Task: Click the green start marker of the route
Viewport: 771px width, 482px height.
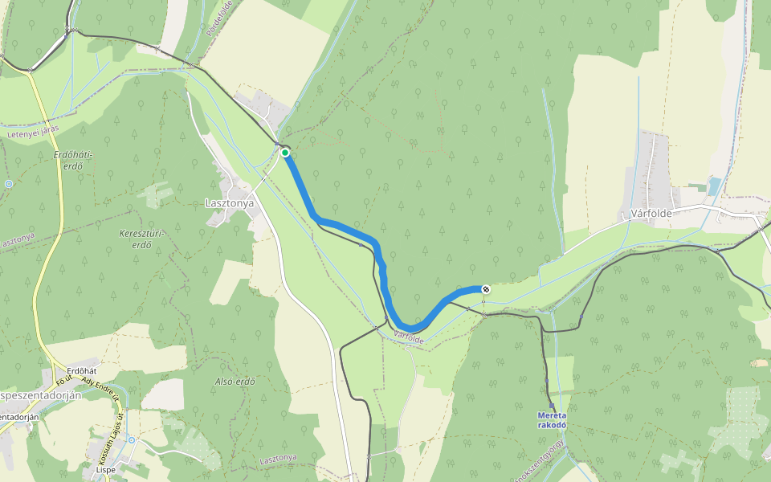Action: [x=284, y=153]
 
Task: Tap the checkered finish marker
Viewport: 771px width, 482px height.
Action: [x=485, y=288]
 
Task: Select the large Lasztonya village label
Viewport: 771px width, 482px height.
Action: [x=224, y=203]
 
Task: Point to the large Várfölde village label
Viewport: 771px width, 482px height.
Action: [x=645, y=214]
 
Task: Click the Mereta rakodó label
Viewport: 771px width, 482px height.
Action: [x=553, y=420]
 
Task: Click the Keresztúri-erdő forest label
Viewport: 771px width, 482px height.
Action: [x=141, y=239]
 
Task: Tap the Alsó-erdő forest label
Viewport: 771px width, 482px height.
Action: [x=235, y=382]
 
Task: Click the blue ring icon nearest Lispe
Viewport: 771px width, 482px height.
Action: [x=131, y=440]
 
